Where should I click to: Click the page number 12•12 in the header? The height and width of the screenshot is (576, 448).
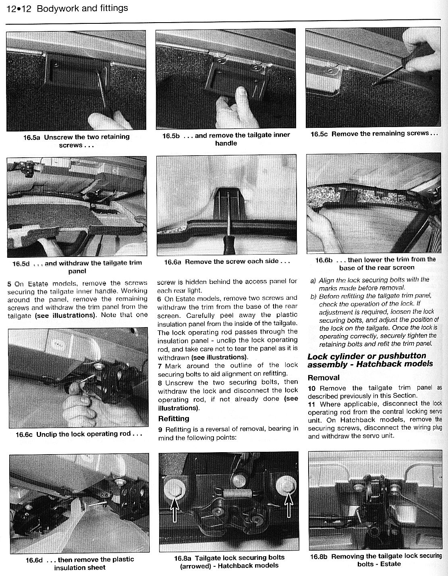tap(18, 8)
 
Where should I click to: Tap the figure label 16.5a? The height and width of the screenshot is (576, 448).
tap(32, 137)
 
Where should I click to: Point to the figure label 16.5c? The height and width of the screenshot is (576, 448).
tap(319, 134)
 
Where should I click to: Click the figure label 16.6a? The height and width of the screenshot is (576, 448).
tap(172, 261)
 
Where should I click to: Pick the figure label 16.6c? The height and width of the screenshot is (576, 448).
tap(24, 434)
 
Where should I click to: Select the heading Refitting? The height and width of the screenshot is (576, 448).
tap(174, 419)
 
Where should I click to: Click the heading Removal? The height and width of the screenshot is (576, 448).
tap(324, 378)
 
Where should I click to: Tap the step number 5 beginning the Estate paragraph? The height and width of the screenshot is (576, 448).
tap(10, 283)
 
